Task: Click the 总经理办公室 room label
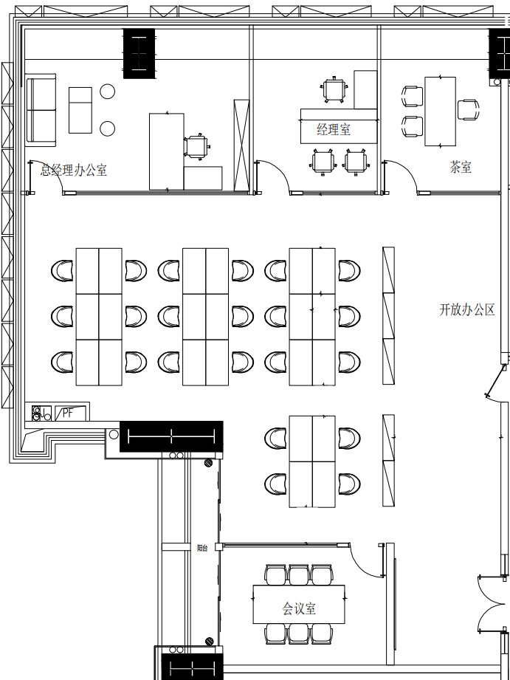[74, 170]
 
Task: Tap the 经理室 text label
[334, 129]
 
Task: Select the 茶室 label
[461, 167]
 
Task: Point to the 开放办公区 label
[467, 309]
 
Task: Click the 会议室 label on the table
[299, 609]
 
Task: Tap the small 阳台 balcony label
[202, 548]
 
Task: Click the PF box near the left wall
[71, 413]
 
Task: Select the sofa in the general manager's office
[41, 110]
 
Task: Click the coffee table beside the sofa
[80, 110]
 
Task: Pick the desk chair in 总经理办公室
[197, 146]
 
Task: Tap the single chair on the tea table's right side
[469, 110]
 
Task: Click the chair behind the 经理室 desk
[334, 89]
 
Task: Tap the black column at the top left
[139, 54]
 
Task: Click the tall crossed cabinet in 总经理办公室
[241, 145]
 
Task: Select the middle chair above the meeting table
[299, 574]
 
